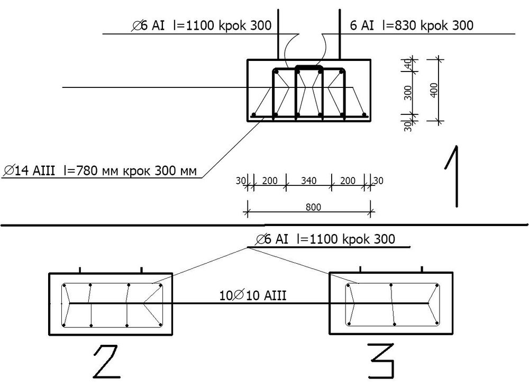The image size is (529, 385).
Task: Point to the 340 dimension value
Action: coord(308,181)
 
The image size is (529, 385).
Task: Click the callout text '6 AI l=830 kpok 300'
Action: coord(412,25)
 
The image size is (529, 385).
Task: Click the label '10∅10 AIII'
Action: coord(253,296)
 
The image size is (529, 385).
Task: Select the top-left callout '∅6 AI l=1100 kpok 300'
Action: coord(202,25)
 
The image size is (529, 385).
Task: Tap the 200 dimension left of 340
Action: coord(269,181)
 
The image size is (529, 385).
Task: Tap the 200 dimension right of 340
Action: coord(348,181)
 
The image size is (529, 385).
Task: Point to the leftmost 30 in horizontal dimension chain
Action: coord(241,181)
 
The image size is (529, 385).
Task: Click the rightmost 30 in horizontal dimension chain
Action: coord(378,181)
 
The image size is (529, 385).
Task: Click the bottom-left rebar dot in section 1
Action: coord(254,115)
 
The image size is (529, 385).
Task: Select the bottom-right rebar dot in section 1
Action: coord(365,115)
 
